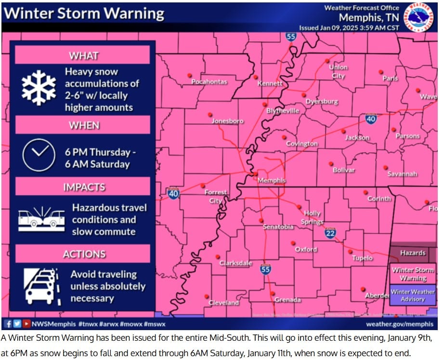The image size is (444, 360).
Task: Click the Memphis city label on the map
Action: pyautogui.click(x=272, y=181)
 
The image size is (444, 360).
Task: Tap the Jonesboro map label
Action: pyautogui.click(x=228, y=121)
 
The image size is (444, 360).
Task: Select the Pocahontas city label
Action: pyautogui.click(x=209, y=82)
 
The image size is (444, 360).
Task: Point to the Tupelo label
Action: pyautogui.click(x=362, y=258)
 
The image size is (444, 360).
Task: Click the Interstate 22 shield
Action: pyautogui.click(x=330, y=233)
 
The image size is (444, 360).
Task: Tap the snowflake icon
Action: pyautogui.click(x=39, y=88)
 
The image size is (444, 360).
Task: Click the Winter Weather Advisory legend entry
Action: pyautogui.click(x=413, y=295)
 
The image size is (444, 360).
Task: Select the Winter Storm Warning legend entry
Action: pyautogui.click(x=413, y=274)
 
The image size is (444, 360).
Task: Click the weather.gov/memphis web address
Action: pyautogui.click(x=399, y=324)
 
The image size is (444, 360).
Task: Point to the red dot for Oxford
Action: pyautogui.click(x=293, y=243)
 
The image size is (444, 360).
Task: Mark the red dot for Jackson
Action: pyautogui.click(x=343, y=131)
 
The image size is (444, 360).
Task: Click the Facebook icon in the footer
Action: pyautogui.click(x=9, y=324)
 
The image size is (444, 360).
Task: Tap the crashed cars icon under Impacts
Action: pyautogui.click(x=41, y=219)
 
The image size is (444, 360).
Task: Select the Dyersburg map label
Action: pyautogui.click(x=322, y=102)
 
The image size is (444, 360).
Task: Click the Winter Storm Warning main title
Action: pyautogui.click(x=84, y=13)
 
